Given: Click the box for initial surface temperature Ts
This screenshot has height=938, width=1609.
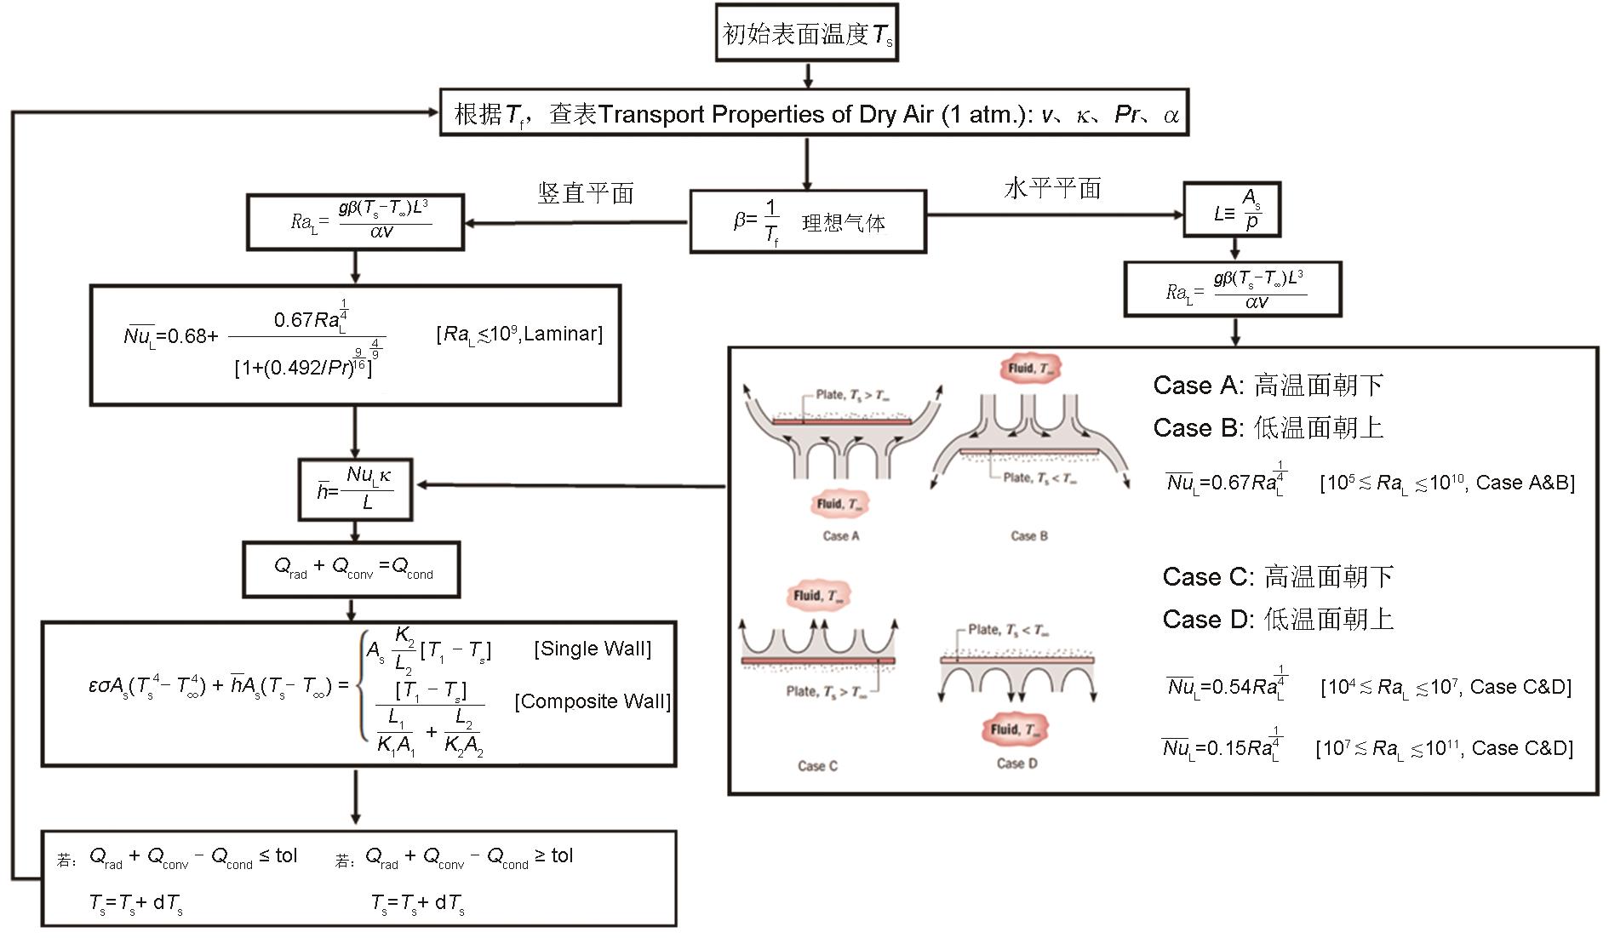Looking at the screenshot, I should [807, 33].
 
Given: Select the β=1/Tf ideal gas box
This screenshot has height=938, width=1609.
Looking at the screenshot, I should [807, 222].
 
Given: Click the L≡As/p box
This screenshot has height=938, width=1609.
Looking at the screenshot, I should [1231, 210].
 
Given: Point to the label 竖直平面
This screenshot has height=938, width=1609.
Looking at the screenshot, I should [586, 193].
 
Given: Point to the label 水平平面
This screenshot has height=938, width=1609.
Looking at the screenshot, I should [1052, 188].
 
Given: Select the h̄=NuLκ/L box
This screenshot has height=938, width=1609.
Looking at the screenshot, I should [355, 489].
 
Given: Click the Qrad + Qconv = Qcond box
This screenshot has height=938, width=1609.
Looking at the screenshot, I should [352, 568].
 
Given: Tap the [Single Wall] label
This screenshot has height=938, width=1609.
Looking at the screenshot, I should [593, 649].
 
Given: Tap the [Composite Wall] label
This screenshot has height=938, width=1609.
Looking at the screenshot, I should [593, 701].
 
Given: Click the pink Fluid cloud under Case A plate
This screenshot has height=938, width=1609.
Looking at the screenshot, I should [839, 503].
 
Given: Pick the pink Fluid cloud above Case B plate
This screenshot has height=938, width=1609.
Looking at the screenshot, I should [1030, 369].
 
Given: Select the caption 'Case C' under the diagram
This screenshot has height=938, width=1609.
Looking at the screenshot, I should [817, 766].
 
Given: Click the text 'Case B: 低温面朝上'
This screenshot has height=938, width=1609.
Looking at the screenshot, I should [1268, 427].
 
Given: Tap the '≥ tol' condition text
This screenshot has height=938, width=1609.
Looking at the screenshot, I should [553, 855].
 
